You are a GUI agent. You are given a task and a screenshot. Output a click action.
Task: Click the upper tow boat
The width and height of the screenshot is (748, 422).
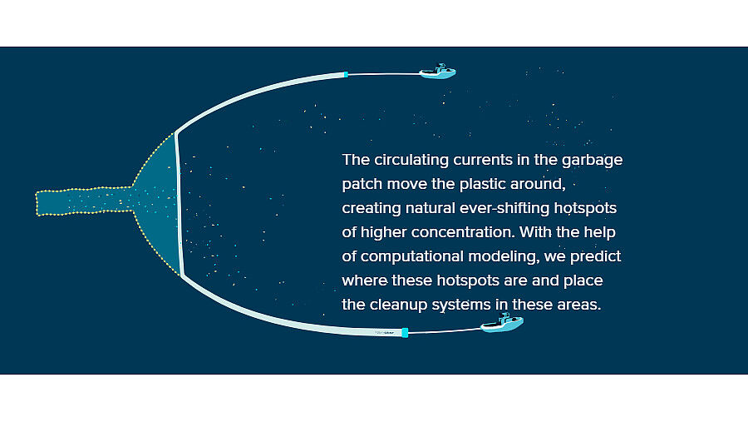coord(437,72)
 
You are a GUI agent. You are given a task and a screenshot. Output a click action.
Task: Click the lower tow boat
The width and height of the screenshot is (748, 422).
coord(502,323)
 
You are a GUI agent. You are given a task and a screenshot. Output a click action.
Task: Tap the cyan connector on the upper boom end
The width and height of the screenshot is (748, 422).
coord(346,74)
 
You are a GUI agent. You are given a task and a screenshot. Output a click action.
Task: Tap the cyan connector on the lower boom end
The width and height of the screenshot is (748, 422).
coord(405,333)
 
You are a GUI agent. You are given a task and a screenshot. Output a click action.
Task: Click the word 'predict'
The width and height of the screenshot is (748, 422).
coord(595,256)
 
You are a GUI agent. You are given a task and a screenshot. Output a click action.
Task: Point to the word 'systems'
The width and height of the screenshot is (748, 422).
coord(463,305)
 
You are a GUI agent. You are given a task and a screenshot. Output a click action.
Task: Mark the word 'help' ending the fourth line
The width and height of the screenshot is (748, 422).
coord(599,233)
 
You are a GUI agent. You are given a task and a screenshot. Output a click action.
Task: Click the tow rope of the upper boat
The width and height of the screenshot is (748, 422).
coord(383,74)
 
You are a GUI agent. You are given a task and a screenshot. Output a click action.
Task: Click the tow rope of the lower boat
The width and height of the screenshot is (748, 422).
coord(445,330)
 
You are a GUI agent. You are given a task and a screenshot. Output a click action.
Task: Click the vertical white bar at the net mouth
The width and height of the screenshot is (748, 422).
coord(179,204)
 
